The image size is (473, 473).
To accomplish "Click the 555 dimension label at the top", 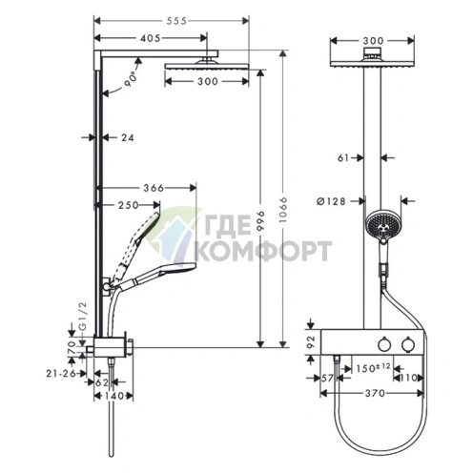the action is pyautogui.click(x=176, y=21).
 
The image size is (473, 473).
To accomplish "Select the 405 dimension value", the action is pyautogui.click(x=151, y=38).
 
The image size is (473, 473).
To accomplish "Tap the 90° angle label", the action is pyautogui.click(x=130, y=79).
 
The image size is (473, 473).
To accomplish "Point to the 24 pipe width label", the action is pyautogui.click(x=127, y=137).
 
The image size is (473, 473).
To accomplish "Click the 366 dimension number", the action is pyautogui.click(x=154, y=188).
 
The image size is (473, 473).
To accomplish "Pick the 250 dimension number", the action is pyautogui.click(x=129, y=205).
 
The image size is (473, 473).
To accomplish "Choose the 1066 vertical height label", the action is pyautogui.click(x=283, y=210).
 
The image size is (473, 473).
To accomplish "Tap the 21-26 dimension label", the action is pyautogui.click(x=61, y=374).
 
